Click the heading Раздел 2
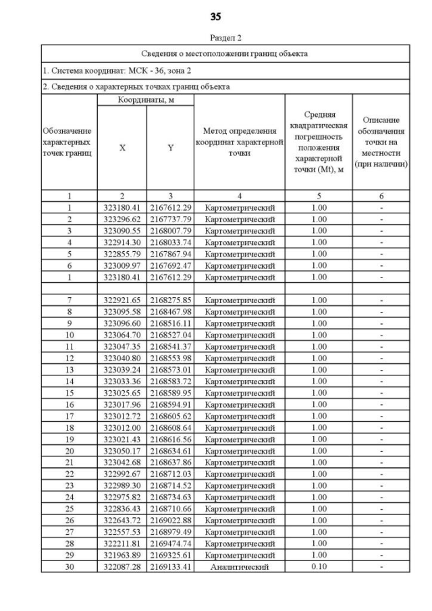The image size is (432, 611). tap(215, 38)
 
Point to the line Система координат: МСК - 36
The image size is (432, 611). tap(108, 70)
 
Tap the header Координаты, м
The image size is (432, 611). tap(146, 100)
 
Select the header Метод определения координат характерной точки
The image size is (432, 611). tap(240, 142)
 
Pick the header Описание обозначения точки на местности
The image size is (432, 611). tap(381, 142)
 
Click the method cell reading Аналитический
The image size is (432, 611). tap(240, 566)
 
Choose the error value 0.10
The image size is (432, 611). tap(319, 566)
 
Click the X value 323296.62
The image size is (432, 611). tap(122, 219)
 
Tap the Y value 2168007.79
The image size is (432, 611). tap(171, 230)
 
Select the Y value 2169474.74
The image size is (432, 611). tap(171, 543)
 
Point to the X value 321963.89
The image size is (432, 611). tap(122, 555)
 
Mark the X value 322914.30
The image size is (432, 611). tap(122, 242)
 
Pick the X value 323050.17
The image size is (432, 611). tap(122, 450)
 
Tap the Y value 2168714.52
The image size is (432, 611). tap(171, 485)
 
